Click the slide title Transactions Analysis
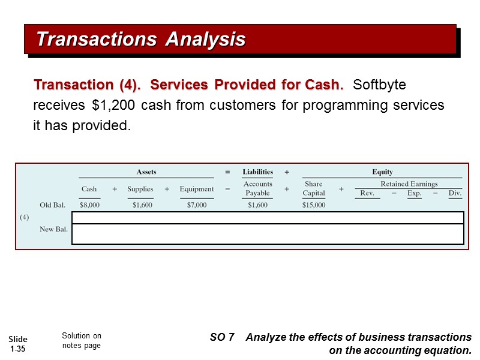141,39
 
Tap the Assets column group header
146,172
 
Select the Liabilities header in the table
257,172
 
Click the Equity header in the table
382,172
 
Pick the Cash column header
89,189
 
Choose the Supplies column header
140,189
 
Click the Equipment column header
196,189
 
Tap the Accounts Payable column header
257,188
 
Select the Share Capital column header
313,188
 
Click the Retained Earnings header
409,184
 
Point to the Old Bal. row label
53,205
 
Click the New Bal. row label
54,229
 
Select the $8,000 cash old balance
89,205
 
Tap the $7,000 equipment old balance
196,205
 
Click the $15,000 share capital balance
313,205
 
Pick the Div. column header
455,193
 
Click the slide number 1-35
19,344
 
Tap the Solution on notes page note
82,340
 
